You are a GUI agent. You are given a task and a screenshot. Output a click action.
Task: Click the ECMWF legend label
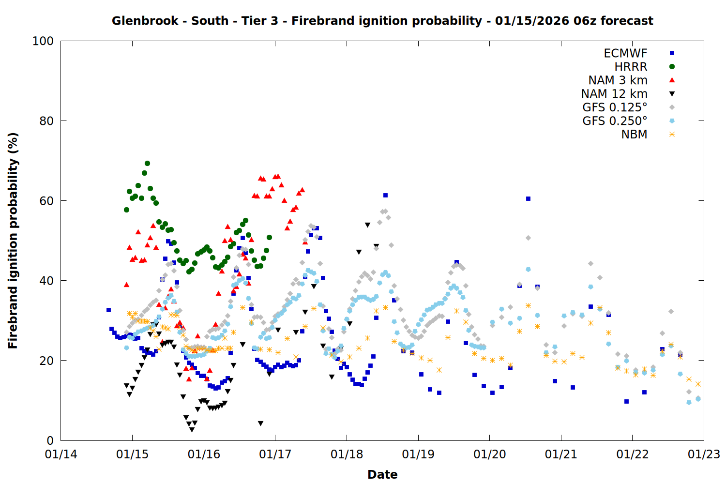pos(625,53)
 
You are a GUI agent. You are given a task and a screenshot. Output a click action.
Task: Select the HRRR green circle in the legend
pos(672,67)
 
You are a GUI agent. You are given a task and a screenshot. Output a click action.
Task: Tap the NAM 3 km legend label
pos(618,80)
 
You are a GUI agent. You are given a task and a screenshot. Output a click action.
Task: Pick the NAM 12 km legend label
pos(614,94)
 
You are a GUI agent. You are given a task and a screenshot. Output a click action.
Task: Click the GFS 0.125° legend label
pos(615,107)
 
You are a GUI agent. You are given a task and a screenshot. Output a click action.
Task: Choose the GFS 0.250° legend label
pos(615,121)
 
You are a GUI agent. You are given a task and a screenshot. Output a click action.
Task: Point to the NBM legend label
pos(634,135)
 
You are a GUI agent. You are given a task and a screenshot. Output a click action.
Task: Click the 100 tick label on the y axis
pos(43,41)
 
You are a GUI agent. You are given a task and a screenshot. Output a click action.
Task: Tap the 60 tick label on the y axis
pos(46,201)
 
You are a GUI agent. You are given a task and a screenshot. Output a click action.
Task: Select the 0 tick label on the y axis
pos(50,440)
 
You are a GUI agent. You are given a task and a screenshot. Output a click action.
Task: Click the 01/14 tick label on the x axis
pos(61,454)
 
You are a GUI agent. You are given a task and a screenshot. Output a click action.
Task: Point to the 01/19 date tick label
pos(418,454)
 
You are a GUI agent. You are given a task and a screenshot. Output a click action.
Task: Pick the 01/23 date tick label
pos(704,454)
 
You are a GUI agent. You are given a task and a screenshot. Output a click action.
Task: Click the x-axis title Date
pos(382,474)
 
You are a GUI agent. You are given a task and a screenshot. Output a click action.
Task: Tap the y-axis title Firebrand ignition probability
pos(13,241)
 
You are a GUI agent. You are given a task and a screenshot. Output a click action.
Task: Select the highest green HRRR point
pos(147,164)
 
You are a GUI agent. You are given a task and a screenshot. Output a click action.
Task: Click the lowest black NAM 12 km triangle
pos(192,429)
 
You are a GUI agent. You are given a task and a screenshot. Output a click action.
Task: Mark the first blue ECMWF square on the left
pos(108,310)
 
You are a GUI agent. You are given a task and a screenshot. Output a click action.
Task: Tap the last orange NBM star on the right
pos(698,384)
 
